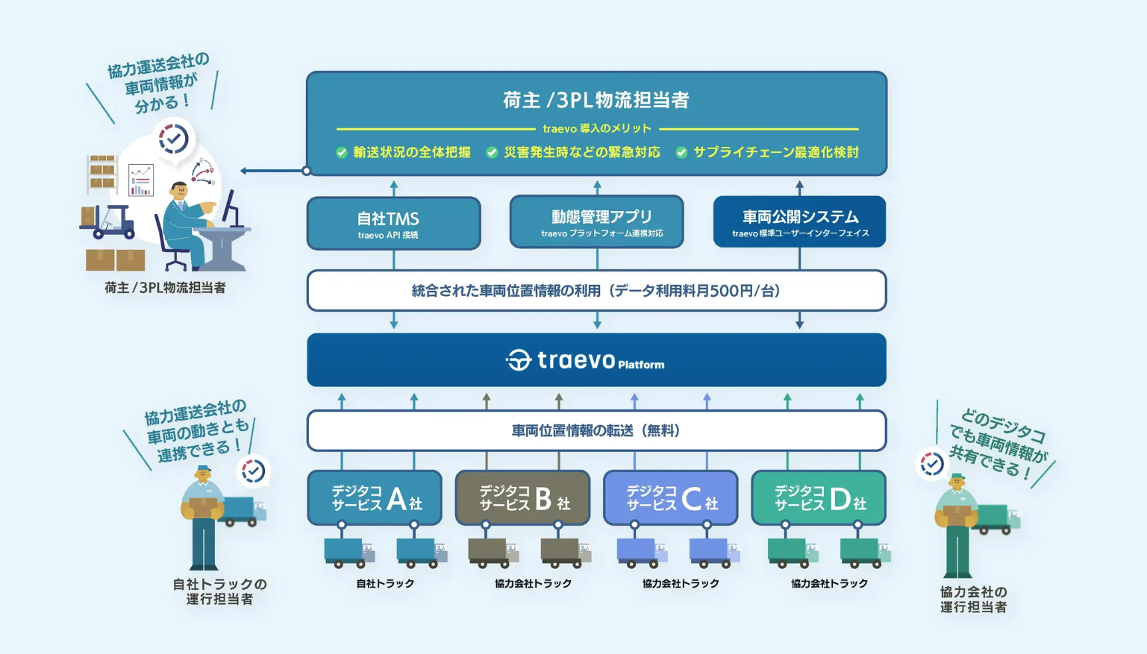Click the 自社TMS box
[x=393, y=223]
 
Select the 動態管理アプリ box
[x=596, y=221]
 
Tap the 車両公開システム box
[x=799, y=221]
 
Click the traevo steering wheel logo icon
[x=518, y=360]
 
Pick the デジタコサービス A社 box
[x=375, y=497]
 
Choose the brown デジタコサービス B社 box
[x=522, y=497]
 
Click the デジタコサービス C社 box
[x=670, y=497]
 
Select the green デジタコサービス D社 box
[x=818, y=497]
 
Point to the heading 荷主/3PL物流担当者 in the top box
[x=596, y=100]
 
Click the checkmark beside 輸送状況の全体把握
[x=342, y=153]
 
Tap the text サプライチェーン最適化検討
[x=775, y=152]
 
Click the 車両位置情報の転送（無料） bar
[x=596, y=430]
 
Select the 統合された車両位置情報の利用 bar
[x=596, y=291]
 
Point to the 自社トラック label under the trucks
[x=385, y=583]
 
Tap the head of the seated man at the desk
[x=180, y=192]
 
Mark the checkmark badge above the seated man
[x=174, y=139]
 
